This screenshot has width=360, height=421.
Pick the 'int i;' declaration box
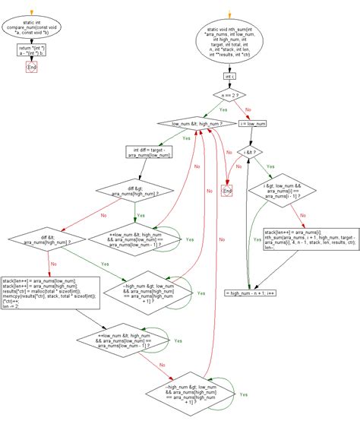point(230,77)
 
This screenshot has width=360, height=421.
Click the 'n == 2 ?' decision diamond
point(230,97)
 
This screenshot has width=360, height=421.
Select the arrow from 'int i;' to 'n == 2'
point(230,84)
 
